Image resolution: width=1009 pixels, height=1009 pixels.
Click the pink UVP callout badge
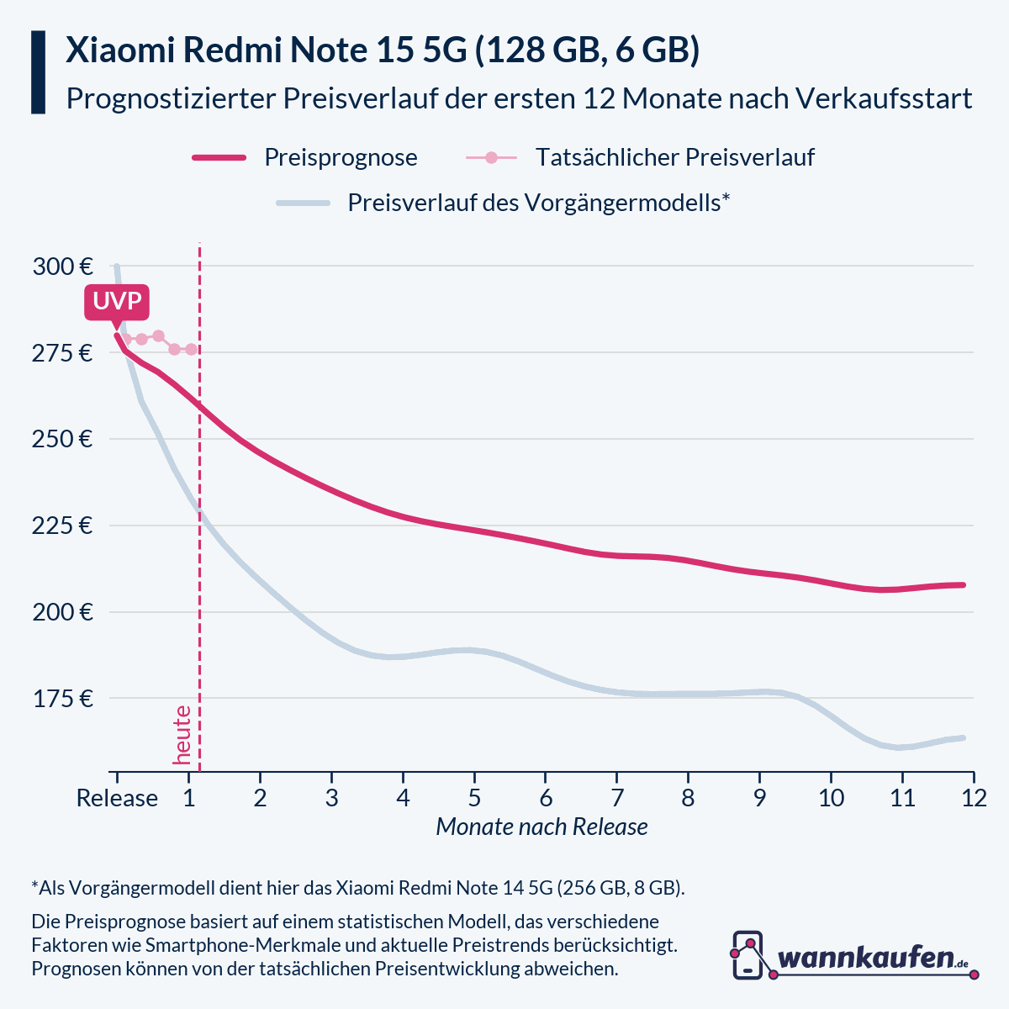point(117,302)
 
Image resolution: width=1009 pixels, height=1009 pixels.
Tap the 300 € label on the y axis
point(62,267)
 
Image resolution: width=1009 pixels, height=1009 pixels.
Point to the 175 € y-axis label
point(62,699)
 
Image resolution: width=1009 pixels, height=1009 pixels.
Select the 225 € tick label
point(62,526)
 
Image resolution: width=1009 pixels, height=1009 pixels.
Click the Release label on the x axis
point(117,798)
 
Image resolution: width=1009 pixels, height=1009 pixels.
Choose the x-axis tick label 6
point(546,798)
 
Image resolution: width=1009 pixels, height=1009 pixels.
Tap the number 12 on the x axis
point(974,798)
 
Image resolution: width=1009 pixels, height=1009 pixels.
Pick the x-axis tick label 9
point(759,798)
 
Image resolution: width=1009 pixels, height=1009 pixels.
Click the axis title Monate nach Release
point(541,827)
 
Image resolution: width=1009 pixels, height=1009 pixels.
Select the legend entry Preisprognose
point(341,157)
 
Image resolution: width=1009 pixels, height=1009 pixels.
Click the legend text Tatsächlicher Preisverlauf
point(674,157)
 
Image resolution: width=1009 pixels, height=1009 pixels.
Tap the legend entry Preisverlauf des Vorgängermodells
point(538,203)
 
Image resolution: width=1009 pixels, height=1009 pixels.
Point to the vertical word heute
point(182,735)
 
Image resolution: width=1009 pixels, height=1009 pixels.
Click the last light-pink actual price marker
point(191,349)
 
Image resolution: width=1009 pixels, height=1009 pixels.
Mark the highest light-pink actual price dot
point(158,335)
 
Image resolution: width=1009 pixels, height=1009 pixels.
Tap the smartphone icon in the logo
point(748,954)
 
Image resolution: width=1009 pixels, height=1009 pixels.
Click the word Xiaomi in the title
point(119,50)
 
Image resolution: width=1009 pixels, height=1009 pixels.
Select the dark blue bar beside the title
point(38,72)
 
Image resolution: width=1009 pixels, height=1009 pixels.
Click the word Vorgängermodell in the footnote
point(140,888)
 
